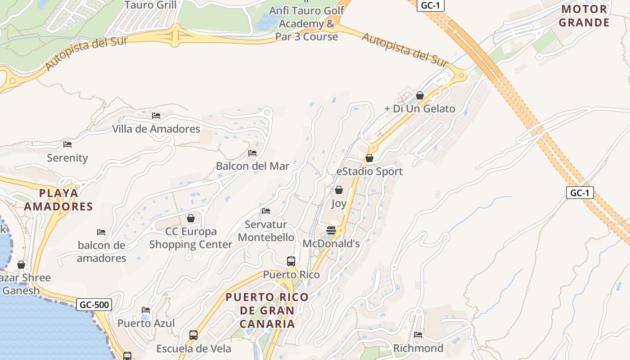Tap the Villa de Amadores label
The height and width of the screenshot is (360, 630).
pos(156,129)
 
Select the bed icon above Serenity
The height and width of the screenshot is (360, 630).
pos(67,144)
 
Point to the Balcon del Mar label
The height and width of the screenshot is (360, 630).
pos(252,166)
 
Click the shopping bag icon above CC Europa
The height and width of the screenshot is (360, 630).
pos(191,218)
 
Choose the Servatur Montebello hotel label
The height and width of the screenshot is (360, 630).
pos(266,231)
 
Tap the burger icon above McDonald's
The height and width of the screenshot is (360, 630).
pos(331,230)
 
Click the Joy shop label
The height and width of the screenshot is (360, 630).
pos(339,203)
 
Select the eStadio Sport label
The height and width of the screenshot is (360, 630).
pos(369,171)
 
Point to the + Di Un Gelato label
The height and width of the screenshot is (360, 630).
pos(420,108)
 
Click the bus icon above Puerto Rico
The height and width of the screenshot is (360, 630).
pos(291,261)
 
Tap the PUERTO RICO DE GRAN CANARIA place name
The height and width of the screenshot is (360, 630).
pos(267,310)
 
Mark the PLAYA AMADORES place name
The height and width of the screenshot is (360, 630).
pos(58,200)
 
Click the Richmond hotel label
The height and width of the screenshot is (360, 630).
pos(418,348)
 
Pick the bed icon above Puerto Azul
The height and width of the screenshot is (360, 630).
pos(146,310)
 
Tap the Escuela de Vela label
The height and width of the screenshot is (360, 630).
pos(193,348)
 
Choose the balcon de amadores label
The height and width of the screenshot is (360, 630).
pos(101,252)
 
